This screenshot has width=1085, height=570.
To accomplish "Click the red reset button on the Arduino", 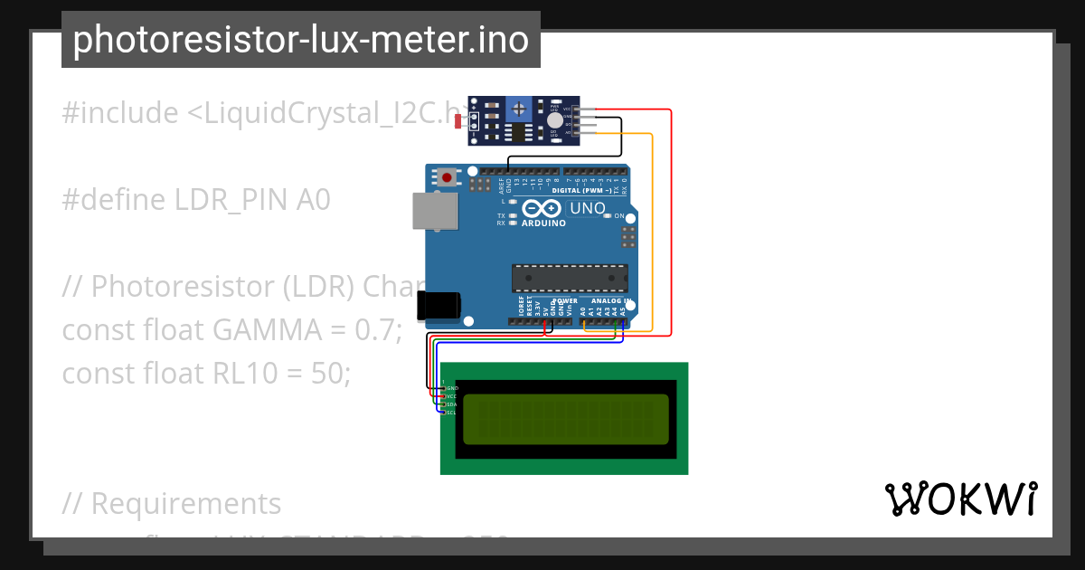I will (447, 177).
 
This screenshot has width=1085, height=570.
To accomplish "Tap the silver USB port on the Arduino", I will (429, 211).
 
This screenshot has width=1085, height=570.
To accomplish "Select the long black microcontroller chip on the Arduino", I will (570, 278).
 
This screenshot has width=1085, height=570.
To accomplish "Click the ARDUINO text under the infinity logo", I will (543, 223).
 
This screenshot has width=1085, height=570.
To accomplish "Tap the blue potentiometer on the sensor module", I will (518, 109).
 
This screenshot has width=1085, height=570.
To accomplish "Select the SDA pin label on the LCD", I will (451, 404).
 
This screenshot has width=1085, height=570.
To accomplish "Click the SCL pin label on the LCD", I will (451, 413).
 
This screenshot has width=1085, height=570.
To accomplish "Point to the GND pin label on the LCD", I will (451, 388).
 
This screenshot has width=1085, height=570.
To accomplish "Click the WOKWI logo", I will (960, 499).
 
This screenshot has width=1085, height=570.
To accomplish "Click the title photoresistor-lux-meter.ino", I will (300, 40).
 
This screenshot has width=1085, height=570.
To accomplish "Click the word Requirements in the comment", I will (186, 503).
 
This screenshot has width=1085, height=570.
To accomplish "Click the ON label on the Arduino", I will (619, 216).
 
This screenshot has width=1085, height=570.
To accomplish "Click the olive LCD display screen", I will (566, 419).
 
